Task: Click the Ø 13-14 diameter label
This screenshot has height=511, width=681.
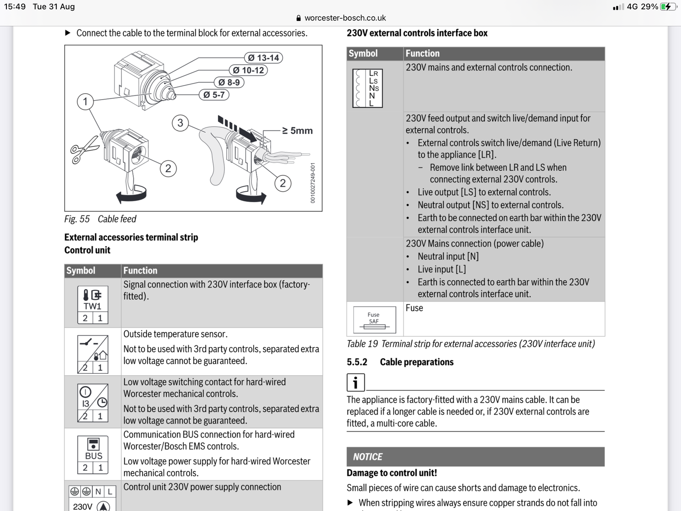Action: (263, 58)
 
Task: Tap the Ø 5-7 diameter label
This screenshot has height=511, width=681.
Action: (214, 95)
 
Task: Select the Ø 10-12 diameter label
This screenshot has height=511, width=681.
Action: (249, 70)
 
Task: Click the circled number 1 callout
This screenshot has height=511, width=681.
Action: (85, 102)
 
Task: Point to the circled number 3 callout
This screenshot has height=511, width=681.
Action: (180, 123)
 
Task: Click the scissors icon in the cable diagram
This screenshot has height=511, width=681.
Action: (84, 149)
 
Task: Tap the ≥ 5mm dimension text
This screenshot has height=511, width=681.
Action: (298, 131)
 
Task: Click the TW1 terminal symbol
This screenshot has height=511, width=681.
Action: (93, 304)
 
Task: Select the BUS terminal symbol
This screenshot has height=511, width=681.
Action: (93, 455)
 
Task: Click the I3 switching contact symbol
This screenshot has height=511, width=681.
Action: (93, 402)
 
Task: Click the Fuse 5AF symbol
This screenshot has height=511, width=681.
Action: (374, 320)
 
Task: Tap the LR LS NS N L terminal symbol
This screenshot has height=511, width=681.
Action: (368, 88)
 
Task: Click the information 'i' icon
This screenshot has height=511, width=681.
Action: (355, 382)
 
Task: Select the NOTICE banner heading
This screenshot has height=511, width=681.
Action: (368, 457)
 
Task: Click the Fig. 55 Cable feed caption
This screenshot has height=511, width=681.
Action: (100, 219)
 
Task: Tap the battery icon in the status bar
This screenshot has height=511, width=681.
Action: (668, 6)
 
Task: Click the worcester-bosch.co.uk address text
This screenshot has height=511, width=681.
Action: (345, 18)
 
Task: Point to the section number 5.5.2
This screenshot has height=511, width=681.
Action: (357, 362)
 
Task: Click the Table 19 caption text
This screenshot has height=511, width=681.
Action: (470, 344)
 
